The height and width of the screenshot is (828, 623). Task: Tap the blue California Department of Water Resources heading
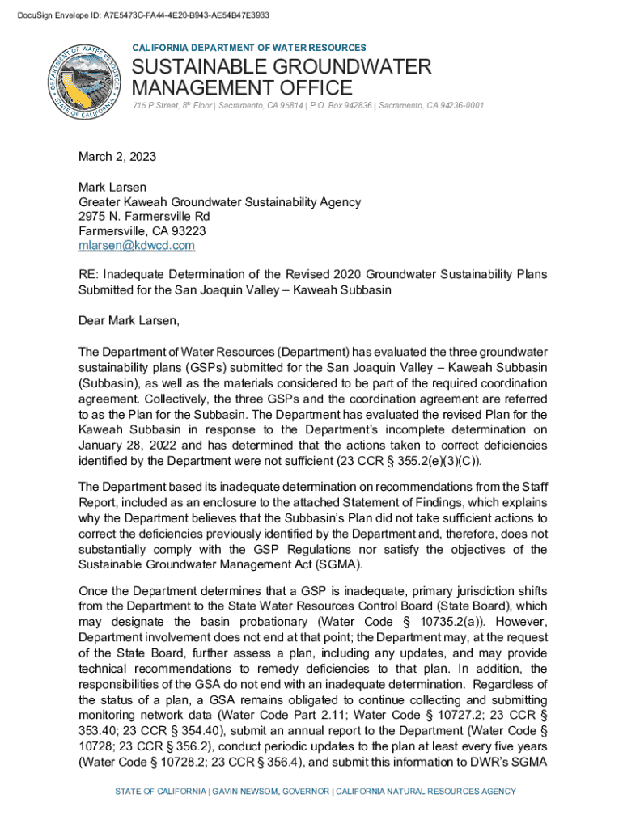(x=248, y=49)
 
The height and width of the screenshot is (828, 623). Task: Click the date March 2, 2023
(x=117, y=157)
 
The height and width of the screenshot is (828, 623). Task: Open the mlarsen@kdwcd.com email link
(x=136, y=246)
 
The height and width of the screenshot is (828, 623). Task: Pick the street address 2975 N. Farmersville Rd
(x=144, y=217)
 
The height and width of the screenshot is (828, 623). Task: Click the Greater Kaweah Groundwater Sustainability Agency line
(x=219, y=202)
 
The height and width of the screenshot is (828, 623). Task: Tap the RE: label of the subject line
(x=88, y=275)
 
